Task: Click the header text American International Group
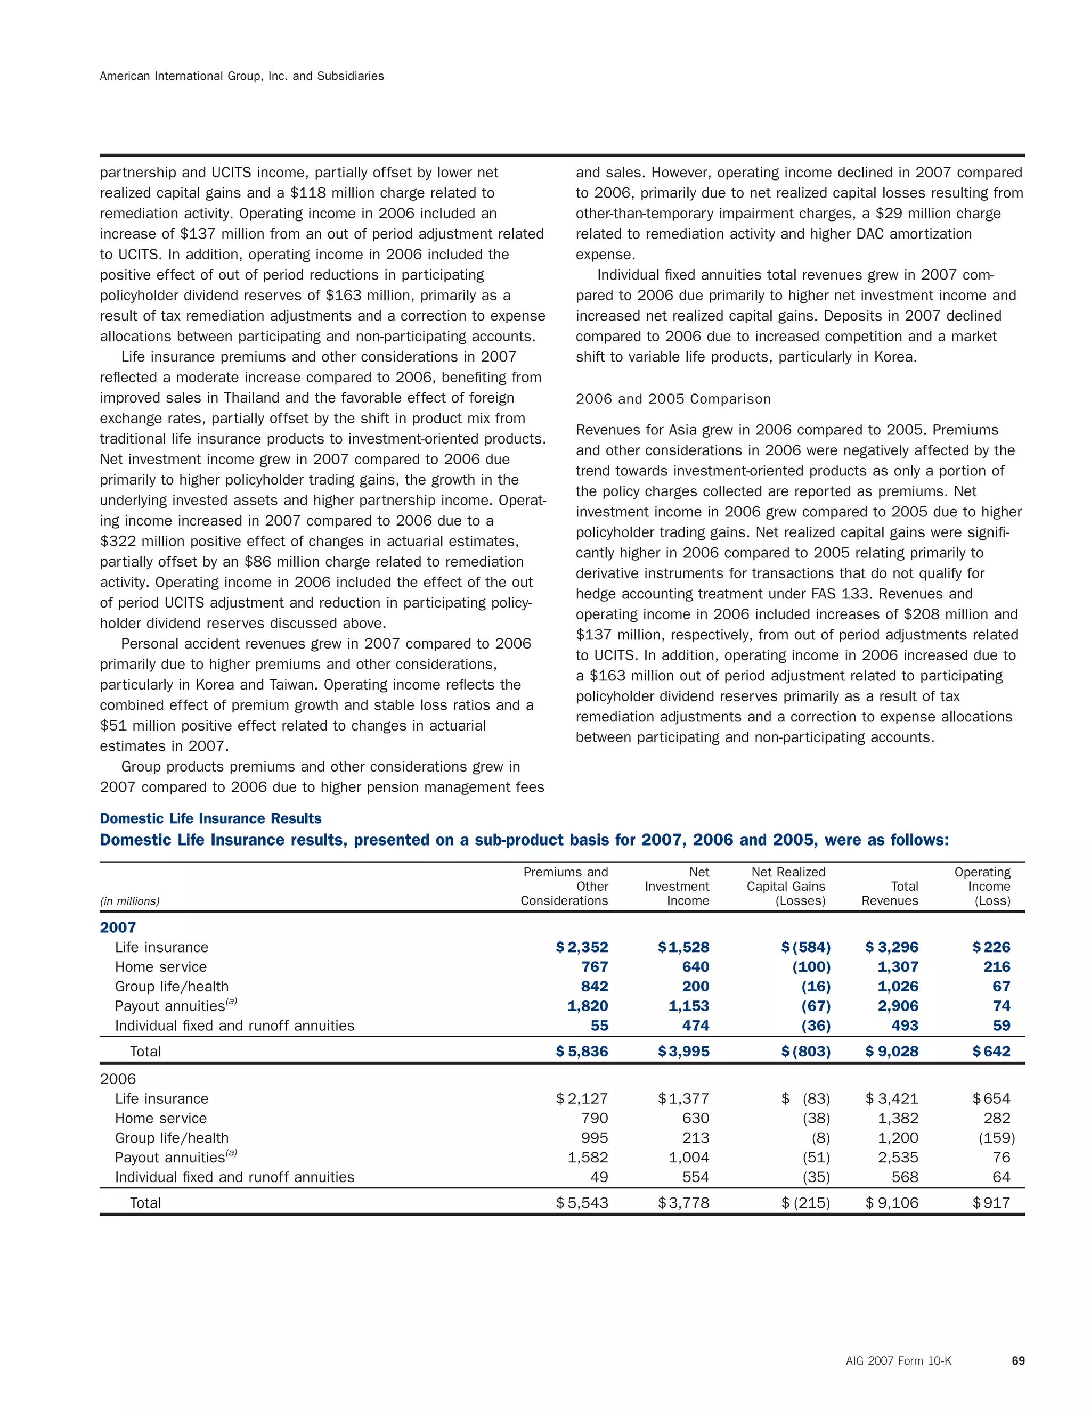[242, 76]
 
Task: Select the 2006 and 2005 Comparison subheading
[673, 399]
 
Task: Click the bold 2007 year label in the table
[118, 928]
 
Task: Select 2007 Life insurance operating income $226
[991, 947]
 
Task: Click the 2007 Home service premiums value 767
[595, 966]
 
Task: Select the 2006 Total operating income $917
[991, 1203]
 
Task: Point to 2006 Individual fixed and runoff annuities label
[234, 1177]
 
